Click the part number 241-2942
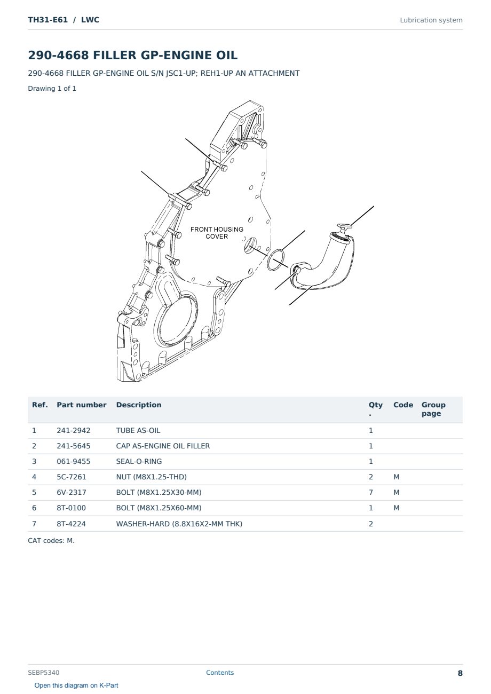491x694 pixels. click(74, 430)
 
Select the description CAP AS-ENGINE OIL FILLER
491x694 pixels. click(163, 446)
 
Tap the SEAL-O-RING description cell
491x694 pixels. click(139, 461)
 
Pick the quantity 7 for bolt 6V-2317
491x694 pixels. click(371, 492)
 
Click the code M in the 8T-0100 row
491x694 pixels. click(396, 508)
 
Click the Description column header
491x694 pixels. click(139, 405)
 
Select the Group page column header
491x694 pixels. click(433, 409)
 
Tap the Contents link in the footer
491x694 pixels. click(220, 672)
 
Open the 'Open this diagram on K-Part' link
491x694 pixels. click(76, 685)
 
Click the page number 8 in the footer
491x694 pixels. click(460, 673)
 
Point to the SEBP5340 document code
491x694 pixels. click(44, 672)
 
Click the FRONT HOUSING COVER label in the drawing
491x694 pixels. click(217, 233)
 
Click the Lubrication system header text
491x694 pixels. click(431, 20)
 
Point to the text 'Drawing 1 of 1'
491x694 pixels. click(52, 88)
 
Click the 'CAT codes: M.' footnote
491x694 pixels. click(51, 540)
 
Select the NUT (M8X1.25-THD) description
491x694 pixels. click(152, 477)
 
